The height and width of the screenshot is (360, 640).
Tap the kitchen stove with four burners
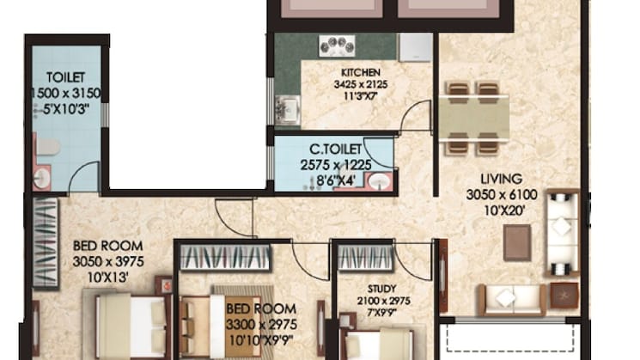337,46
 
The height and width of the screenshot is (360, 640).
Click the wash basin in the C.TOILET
377,182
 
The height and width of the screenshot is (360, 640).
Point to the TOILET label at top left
65,76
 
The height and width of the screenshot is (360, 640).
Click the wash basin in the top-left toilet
42,178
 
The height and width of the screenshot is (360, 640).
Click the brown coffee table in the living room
516,242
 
